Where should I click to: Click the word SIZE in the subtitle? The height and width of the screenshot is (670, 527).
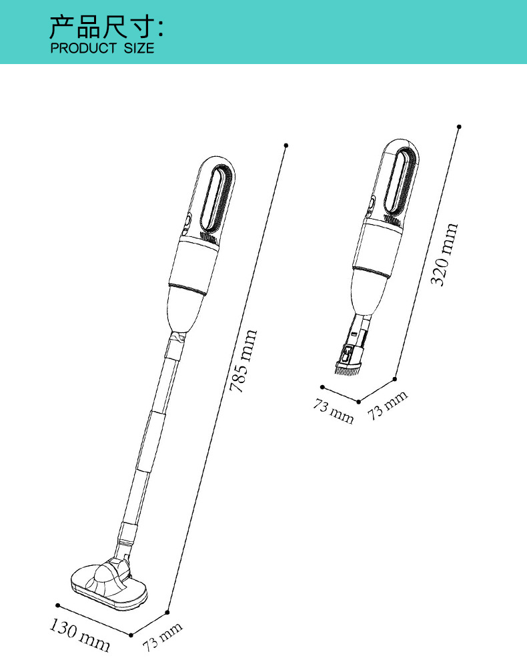139,48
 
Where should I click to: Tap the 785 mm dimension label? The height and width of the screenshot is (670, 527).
243,360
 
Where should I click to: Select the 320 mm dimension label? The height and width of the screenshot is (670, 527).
444,254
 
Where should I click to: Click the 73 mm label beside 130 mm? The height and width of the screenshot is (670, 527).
162,636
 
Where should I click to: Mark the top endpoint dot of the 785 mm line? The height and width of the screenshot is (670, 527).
286,145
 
